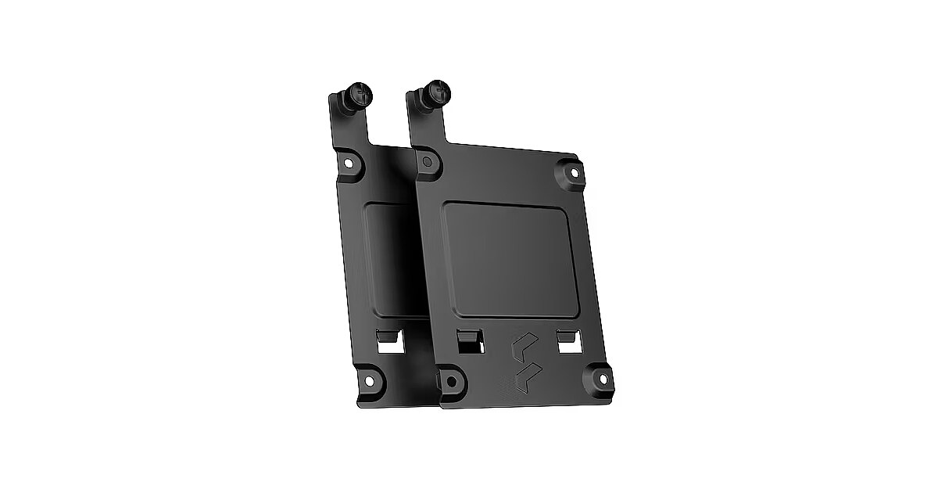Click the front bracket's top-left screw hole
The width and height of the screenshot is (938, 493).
[427, 162]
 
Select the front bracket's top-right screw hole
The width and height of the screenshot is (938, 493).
[572, 171]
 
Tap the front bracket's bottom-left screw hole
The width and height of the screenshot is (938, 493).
[451, 380]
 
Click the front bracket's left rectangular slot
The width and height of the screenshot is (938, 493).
[469, 341]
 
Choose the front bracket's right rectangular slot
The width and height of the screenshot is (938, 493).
[568, 340]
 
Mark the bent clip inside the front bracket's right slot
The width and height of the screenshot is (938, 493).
[567, 336]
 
